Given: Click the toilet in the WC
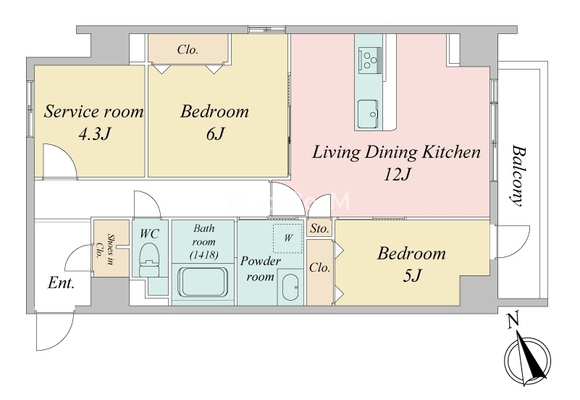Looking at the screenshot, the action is [149, 259].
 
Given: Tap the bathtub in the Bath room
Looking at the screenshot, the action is [202, 282].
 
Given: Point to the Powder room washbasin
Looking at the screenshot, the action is [290, 288].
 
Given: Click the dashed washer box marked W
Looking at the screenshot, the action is [287, 238].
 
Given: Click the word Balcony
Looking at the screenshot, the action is [518, 175].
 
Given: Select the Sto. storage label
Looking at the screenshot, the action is [319, 229].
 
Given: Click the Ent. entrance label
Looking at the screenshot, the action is [62, 283].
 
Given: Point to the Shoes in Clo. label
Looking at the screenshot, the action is [105, 247].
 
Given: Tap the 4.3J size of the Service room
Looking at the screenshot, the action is [94, 134].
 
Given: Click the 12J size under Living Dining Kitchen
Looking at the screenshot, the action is [398, 175].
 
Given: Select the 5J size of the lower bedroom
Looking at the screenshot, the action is [412, 275].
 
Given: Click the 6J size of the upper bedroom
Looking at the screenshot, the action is [215, 134].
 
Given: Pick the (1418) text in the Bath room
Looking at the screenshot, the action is [203, 255].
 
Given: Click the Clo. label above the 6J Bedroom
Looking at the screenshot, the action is [188, 49].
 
